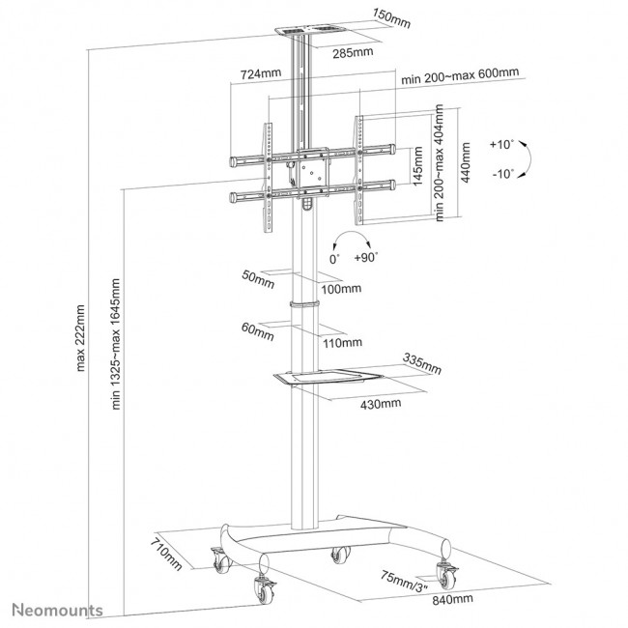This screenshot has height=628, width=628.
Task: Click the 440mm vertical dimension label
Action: pos(466,163)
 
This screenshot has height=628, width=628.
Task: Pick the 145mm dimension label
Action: pos(419,167)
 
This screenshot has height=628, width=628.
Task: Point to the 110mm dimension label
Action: pos(344,342)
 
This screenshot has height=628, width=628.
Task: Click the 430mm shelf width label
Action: pos(383,403)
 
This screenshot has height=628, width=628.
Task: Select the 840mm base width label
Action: pos(447,599)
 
